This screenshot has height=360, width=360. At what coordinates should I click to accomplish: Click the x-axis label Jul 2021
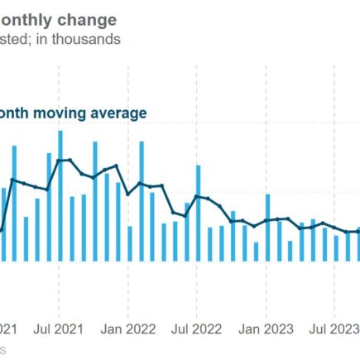click(60, 329)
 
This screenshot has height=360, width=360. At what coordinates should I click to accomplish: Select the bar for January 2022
click(130, 243)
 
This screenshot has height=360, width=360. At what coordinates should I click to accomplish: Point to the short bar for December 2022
click(256, 252)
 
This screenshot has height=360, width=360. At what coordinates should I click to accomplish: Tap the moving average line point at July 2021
click(60, 160)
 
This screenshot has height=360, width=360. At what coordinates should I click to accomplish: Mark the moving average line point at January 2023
click(267, 220)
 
